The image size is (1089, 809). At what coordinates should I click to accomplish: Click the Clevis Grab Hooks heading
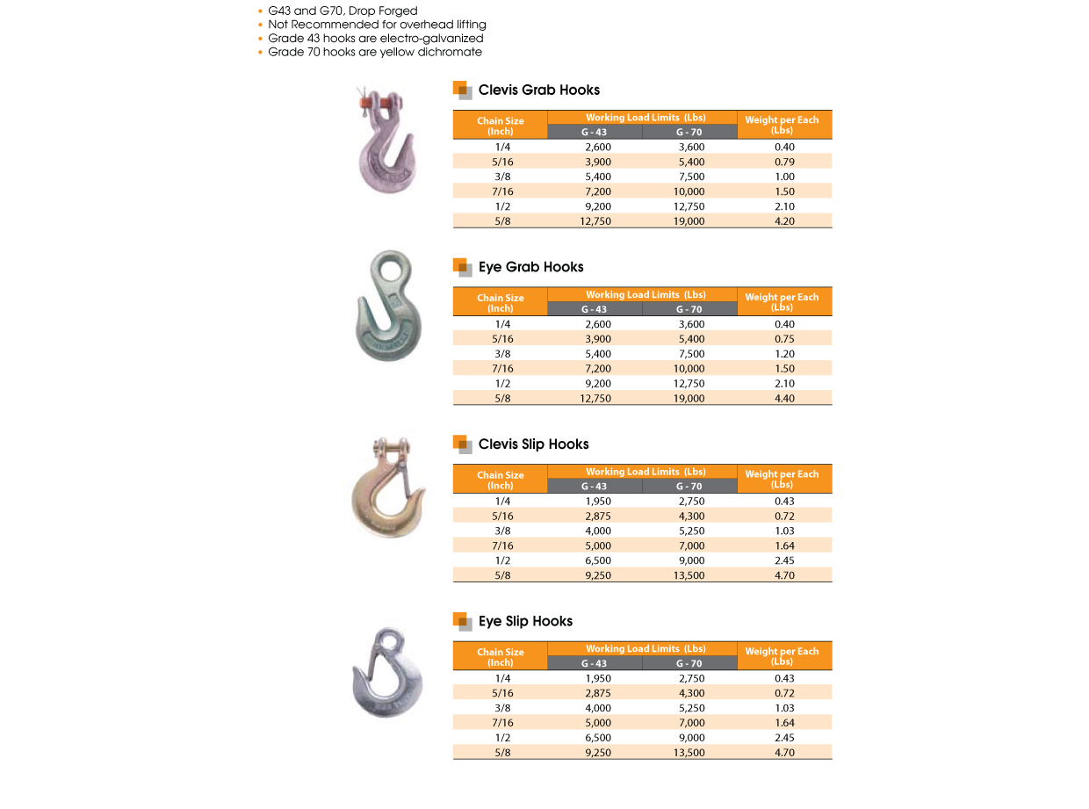(x=539, y=90)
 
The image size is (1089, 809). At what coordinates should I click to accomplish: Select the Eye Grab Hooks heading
(x=530, y=267)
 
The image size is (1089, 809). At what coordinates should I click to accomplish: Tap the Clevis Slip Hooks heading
(x=533, y=444)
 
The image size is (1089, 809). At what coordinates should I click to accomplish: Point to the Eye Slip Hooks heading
(x=525, y=622)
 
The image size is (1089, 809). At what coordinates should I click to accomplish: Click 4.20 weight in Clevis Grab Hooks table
(x=784, y=221)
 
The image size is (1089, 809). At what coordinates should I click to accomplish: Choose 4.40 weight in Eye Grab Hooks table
(x=784, y=399)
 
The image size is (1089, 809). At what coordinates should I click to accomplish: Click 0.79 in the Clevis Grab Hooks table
(x=784, y=162)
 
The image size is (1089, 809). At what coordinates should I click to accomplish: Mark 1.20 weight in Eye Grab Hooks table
(x=784, y=354)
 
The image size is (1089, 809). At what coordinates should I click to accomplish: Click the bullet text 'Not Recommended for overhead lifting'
(x=377, y=25)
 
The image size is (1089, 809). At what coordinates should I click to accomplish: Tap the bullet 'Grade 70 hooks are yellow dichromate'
(x=375, y=52)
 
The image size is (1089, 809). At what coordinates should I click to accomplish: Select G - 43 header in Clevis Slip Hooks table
(x=595, y=487)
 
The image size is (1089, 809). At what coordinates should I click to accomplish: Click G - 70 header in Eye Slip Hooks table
(x=689, y=664)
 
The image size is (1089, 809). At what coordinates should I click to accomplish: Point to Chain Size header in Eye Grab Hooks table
(x=501, y=303)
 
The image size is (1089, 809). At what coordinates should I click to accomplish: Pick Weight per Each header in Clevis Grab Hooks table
(x=782, y=125)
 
